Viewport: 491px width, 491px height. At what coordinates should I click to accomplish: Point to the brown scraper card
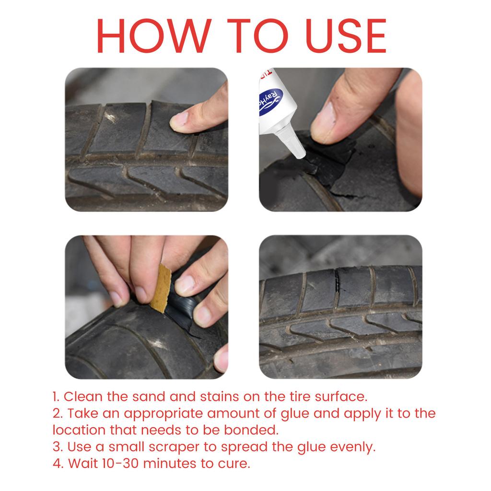[x=161, y=288]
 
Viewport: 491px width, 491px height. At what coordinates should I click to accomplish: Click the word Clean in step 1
[x=82, y=397]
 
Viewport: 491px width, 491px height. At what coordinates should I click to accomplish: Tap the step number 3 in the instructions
[x=57, y=447]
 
